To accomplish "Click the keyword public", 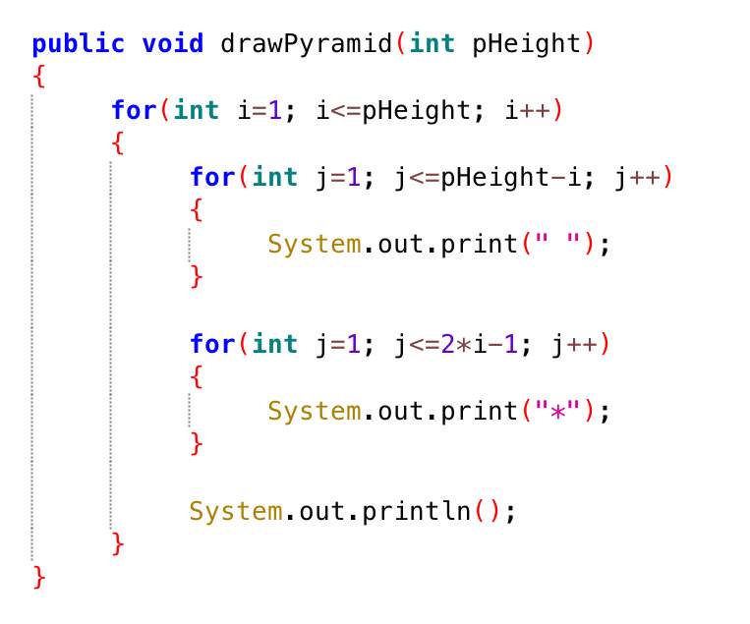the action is pos(78,44).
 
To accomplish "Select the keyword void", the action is pos(173,43).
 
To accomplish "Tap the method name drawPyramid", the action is pos(306,44).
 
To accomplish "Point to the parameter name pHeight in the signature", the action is pos(526,44).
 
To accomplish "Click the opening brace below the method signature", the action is pos(39,77).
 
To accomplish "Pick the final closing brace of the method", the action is pos(39,578).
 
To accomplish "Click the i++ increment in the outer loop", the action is pos(527,110).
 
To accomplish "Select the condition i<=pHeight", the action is pos(393,111).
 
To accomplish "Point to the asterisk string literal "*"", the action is pos(557,410).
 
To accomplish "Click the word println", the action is pos(416,512).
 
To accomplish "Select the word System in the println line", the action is pos(235,512).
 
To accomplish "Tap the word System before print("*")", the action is pos(315,412).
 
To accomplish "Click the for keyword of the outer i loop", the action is pos(134,110).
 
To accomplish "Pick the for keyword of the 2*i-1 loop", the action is pos(212,344).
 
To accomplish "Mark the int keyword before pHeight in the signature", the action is pos(432,43).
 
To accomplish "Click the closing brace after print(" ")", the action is pos(197,277).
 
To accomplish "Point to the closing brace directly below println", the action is pos(118,544).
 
